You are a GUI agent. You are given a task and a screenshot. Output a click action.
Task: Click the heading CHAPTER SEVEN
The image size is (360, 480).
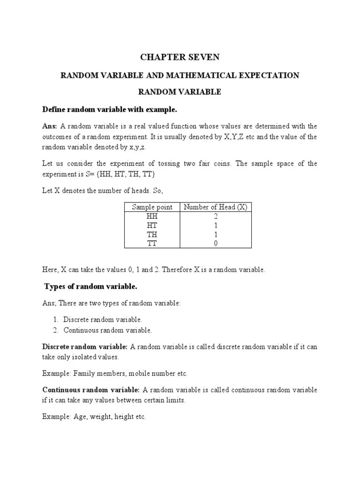[x=180, y=57]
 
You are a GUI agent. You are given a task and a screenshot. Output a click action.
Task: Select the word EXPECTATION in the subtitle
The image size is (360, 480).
[x=271, y=75]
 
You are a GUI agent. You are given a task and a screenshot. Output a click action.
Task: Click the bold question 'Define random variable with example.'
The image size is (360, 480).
[x=110, y=109]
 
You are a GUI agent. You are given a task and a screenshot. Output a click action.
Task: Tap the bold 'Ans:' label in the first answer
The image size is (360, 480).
[x=50, y=126]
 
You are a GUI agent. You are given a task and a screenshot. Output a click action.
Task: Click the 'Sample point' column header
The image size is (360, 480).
[x=152, y=207]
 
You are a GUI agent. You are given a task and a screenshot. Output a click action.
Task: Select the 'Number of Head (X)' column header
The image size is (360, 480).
[x=216, y=207]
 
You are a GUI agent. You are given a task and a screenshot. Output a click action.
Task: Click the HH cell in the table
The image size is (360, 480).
[x=152, y=217]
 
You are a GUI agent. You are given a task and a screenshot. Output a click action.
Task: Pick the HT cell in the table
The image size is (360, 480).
[x=152, y=225]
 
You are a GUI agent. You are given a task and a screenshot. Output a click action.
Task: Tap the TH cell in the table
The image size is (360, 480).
[x=152, y=234]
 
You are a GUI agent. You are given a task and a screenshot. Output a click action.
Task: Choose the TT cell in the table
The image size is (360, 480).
[x=152, y=243]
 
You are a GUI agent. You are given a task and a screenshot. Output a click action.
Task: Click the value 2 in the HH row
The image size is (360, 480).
[x=216, y=217]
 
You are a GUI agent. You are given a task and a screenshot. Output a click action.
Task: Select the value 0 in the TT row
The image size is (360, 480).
[x=216, y=243]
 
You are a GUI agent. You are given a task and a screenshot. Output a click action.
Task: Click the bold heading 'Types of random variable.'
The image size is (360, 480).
[x=90, y=286]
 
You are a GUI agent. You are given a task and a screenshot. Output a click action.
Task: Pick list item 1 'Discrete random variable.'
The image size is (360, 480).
[x=103, y=320]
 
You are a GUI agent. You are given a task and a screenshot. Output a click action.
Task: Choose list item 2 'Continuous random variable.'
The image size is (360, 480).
[x=107, y=330]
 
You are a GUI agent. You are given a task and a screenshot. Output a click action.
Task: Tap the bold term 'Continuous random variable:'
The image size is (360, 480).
[x=91, y=390]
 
